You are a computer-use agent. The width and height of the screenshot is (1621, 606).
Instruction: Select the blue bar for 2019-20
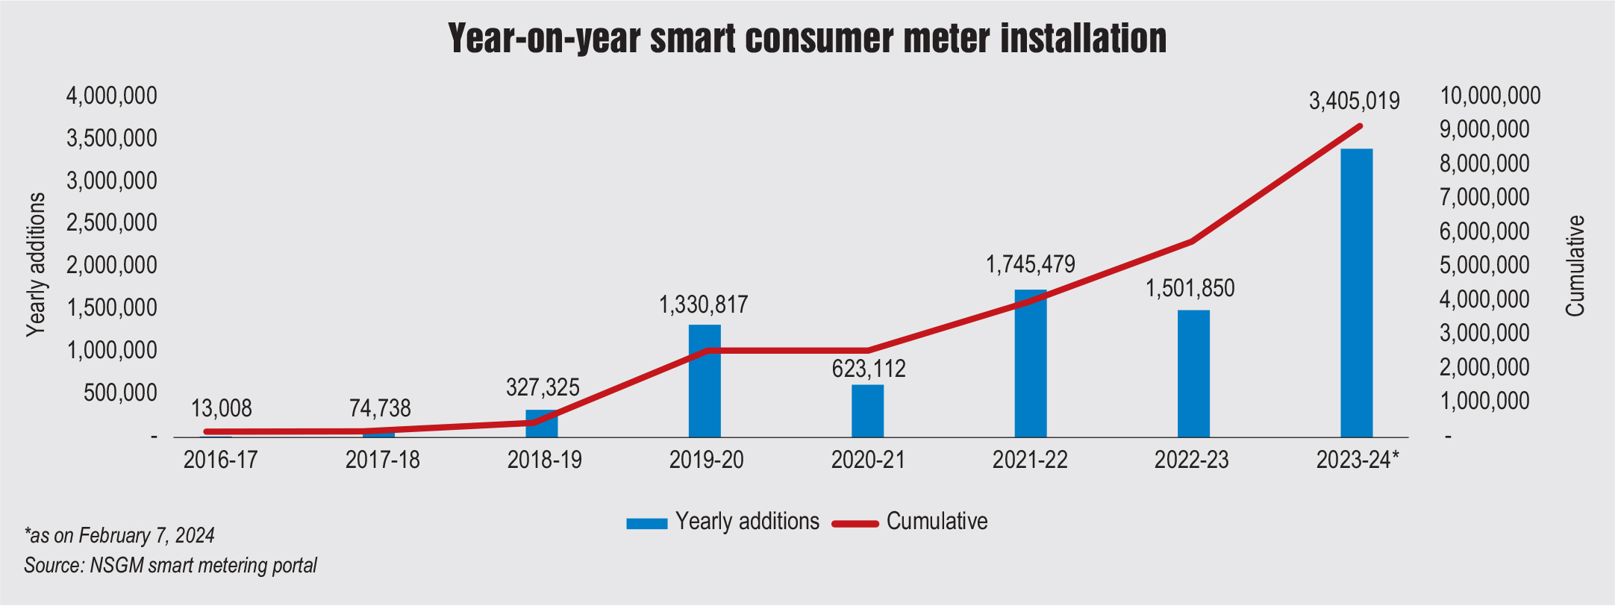tap(705, 381)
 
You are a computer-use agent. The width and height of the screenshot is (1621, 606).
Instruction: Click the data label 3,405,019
tap(1354, 101)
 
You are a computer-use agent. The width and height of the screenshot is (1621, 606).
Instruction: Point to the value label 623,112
tap(869, 369)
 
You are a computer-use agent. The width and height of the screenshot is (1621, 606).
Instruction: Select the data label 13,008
tap(222, 408)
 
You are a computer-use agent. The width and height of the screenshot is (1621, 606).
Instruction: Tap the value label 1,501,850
tap(1190, 288)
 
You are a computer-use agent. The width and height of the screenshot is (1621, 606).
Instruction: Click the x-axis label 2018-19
tap(544, 460)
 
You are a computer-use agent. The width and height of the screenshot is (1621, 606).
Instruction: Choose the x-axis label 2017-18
tap(382, 460)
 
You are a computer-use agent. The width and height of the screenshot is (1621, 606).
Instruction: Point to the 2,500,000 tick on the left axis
tap(112, 222)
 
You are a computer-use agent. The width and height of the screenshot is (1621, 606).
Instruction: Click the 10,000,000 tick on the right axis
tap(1490, 96)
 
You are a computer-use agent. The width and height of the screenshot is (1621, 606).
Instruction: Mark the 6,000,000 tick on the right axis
tap(1484, 231)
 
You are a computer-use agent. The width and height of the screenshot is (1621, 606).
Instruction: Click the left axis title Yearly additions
tap(36, 265)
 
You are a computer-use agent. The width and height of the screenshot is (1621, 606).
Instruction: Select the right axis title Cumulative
tap(1575, 266)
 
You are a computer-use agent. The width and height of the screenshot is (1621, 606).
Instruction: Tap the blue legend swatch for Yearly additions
tap(646, 523)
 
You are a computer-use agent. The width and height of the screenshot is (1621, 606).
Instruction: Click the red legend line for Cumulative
tap(855, 523)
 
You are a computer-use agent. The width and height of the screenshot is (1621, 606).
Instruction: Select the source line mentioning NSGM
tap(170, 566)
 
